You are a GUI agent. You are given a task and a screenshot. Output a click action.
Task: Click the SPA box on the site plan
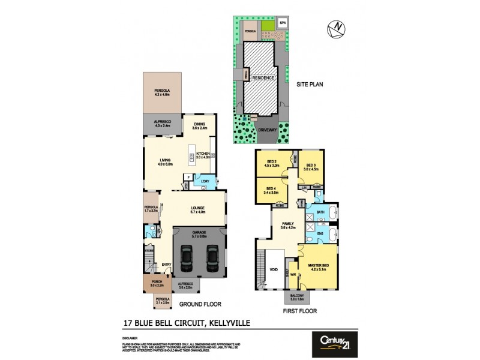(283, 23)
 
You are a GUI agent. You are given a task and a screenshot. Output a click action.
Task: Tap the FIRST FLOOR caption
(300, 311)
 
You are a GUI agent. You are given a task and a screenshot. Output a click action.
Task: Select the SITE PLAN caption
(310, 85)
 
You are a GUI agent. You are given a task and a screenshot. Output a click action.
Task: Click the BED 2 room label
(272, 163)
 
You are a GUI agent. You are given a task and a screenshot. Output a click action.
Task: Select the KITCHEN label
(203, 154)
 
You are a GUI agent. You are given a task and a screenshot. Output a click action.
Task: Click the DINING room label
(200, 124)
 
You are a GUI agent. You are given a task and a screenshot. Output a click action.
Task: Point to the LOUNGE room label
(198, 209)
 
